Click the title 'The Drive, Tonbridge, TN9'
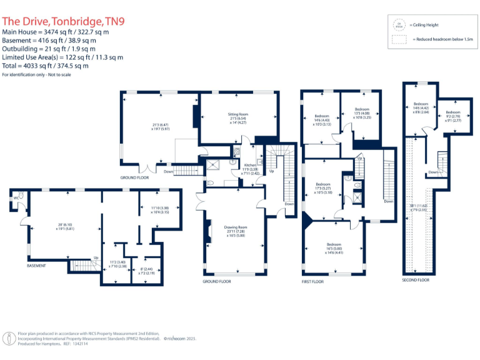tap(63, 21)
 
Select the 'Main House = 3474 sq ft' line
tap(56, 32)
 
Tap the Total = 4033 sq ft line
tap(46, 66)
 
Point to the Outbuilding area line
tap(49, 49)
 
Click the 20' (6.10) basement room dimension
tap(66, 225)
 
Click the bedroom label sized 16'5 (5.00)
tap(334, 245)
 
